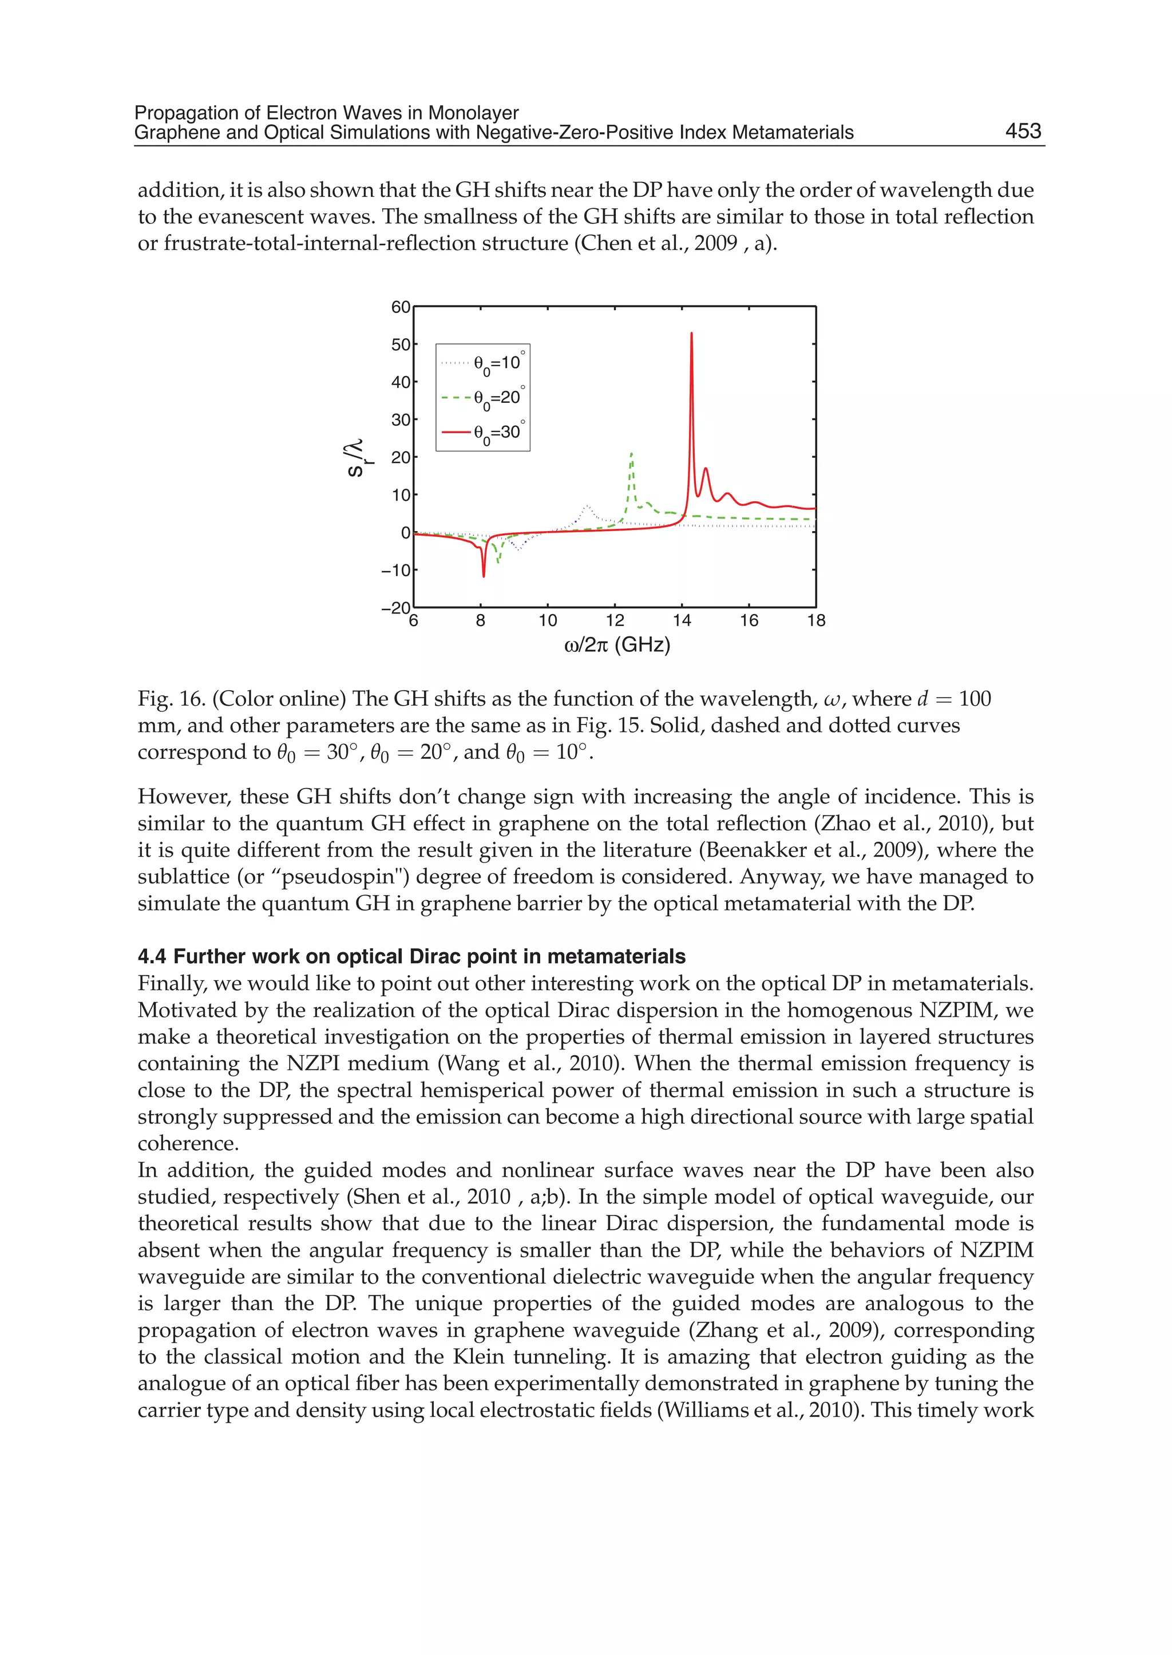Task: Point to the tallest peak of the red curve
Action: pyautogui.click(x=691, y=334)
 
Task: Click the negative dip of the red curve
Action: pyautogui.click(x=484, y=575)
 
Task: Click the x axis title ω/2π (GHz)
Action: pyautogui.click(x=617, y=644)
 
